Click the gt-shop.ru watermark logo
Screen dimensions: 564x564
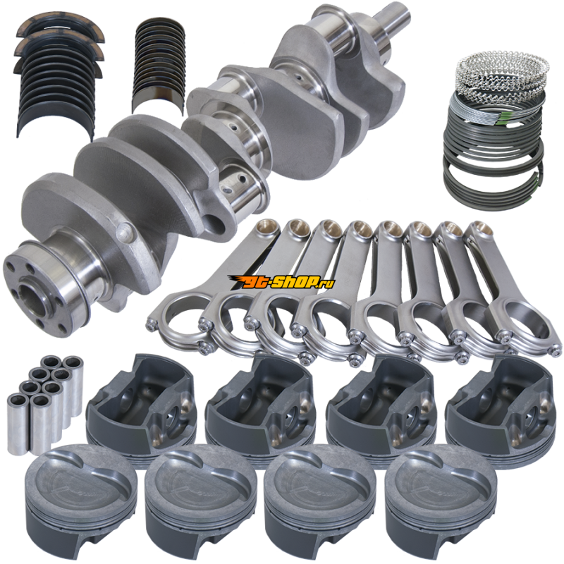[x=281, y=282]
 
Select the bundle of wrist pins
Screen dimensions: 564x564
[x=45, y=404]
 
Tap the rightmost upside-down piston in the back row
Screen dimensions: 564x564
[x=501, y=407]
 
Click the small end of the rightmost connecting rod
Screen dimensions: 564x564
[x=479, y=233]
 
